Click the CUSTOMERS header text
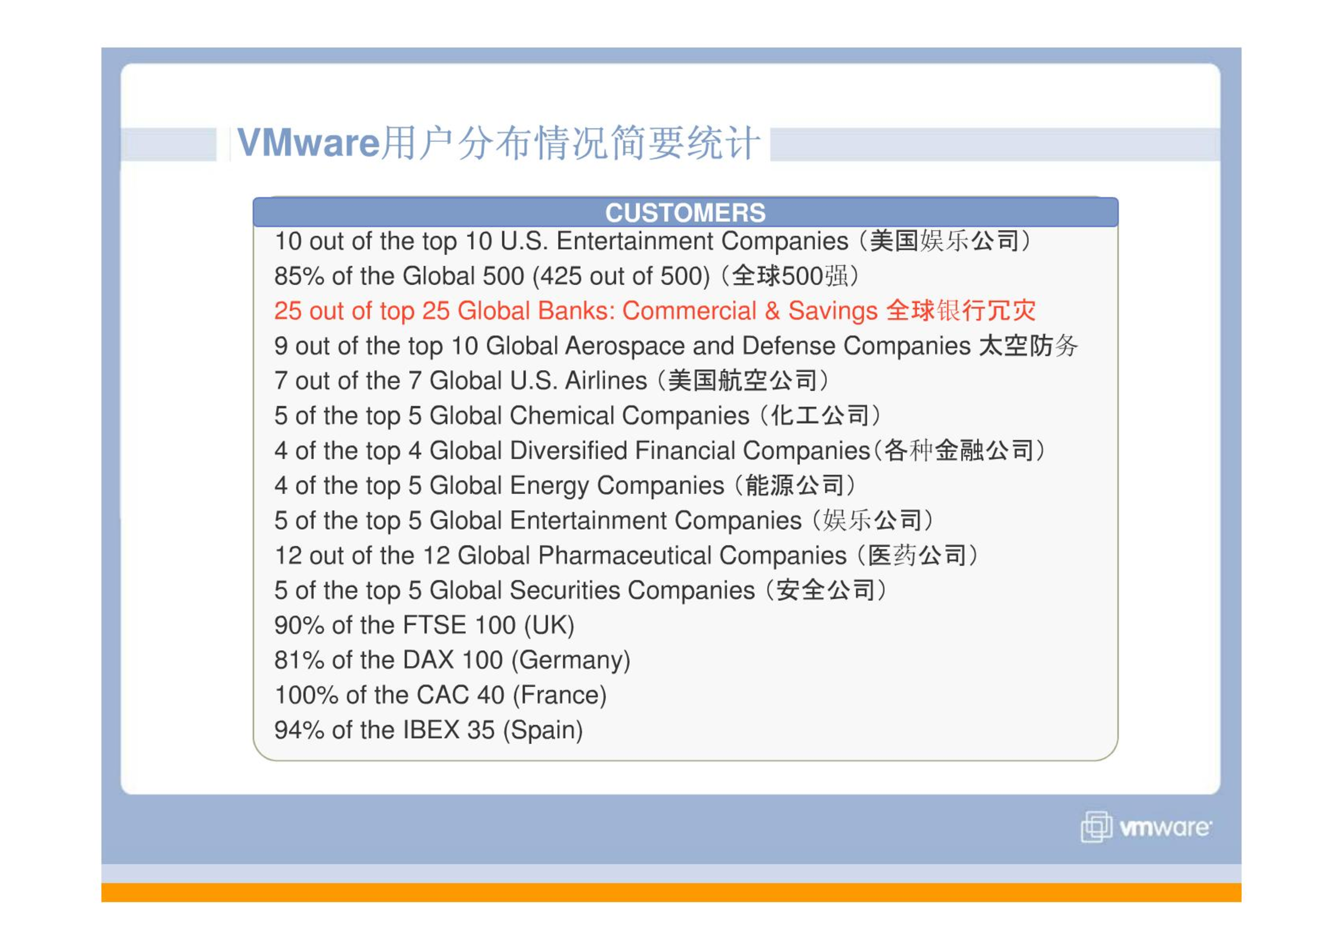click(x=685, y=213)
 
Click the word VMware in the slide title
click(x=308, y=142)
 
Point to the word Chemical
click(x=562, y=415)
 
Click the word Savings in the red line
click(x=833, y=311)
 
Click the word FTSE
click(x=434, y=625)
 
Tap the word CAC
click(x=442, y=695)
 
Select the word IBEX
click(x=431, y=730)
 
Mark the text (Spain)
click(x=543, y=731)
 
